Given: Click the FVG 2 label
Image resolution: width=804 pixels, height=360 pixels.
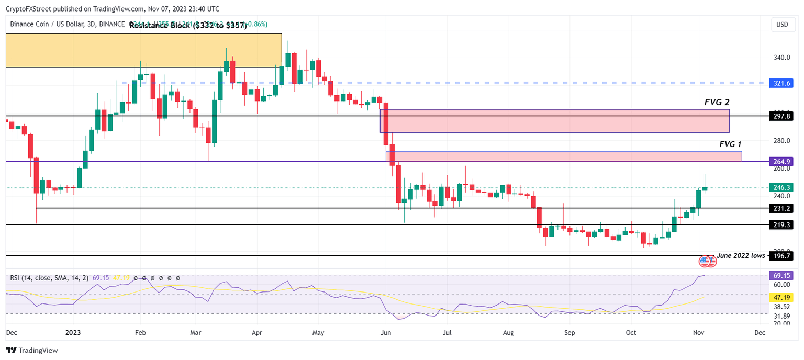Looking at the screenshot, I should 717,103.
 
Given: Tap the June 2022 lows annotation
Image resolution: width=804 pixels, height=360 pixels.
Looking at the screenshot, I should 741,255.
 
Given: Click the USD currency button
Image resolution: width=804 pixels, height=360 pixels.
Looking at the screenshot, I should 782,25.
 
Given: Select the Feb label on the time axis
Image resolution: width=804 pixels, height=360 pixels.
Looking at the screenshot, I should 139,332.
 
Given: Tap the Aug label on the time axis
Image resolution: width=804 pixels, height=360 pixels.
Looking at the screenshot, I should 508,332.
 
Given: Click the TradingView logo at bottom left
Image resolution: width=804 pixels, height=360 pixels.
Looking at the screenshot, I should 32,350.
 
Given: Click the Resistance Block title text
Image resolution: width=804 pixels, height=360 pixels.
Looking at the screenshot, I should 188,25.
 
